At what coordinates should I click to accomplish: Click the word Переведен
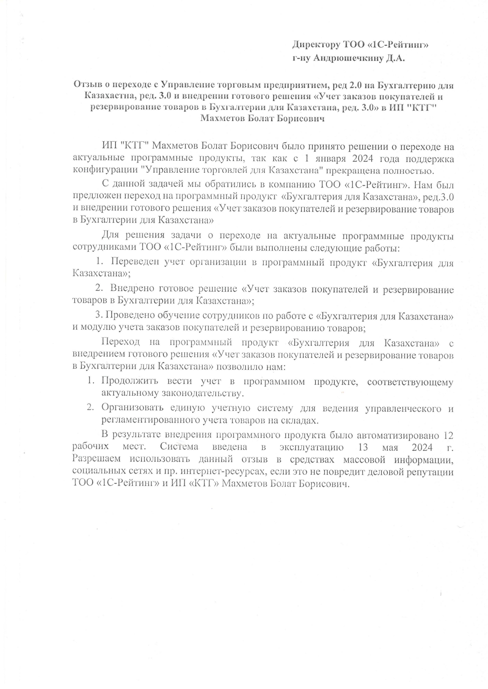(132, 262)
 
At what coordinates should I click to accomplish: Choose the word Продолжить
(130, 381)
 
